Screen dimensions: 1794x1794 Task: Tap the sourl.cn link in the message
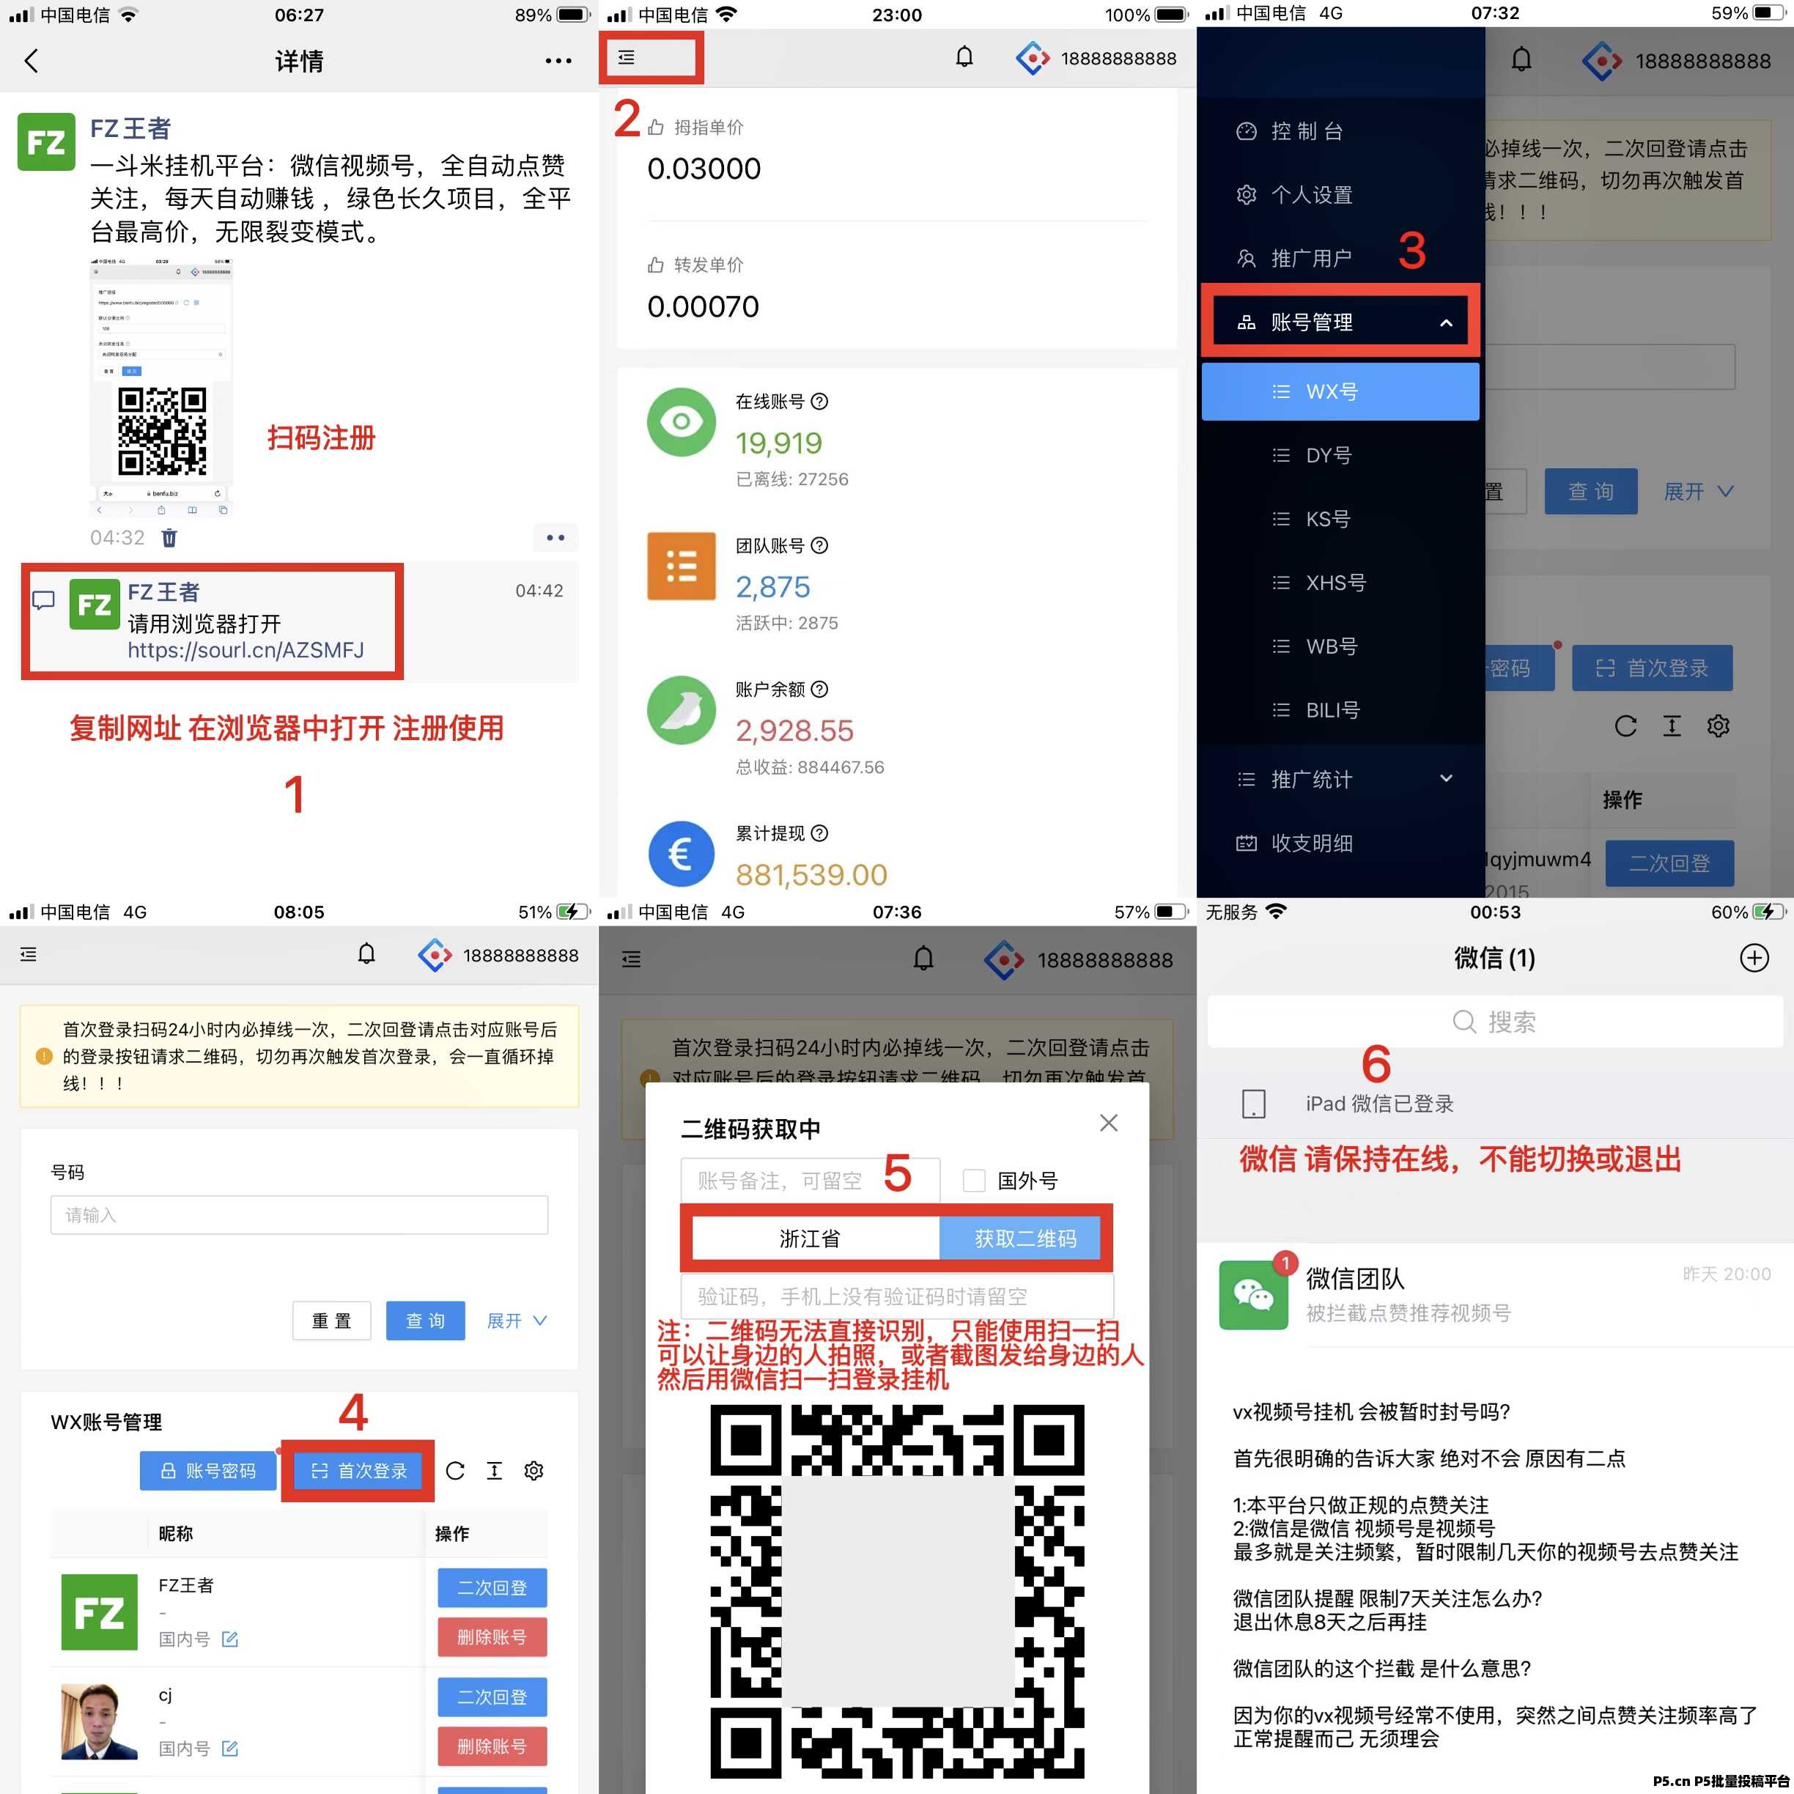click(246, 650)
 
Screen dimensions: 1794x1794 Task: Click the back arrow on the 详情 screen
click(32, 62)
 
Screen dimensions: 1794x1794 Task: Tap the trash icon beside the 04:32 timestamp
click(169, 538)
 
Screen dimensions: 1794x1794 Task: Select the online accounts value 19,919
click(778, 443)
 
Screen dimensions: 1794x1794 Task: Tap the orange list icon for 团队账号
click(681, 566)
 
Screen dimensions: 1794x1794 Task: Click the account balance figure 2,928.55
click(794, 731)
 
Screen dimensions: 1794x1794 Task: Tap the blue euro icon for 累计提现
click(681, 853)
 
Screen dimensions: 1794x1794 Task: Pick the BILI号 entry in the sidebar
click(1332, 710)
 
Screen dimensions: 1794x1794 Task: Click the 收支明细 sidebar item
click(1310, 844)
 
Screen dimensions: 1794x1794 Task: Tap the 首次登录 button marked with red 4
click(358, 1471)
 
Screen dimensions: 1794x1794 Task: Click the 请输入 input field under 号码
click(299, 1214)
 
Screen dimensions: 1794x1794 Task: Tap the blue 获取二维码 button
click(1025, 1239)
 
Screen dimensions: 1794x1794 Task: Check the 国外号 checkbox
click(973, 1180)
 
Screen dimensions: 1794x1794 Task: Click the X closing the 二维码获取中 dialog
click(1108, 1123)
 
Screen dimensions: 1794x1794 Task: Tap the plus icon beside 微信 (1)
click(1753, 957)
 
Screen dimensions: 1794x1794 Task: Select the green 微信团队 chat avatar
click(1252, 1294)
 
